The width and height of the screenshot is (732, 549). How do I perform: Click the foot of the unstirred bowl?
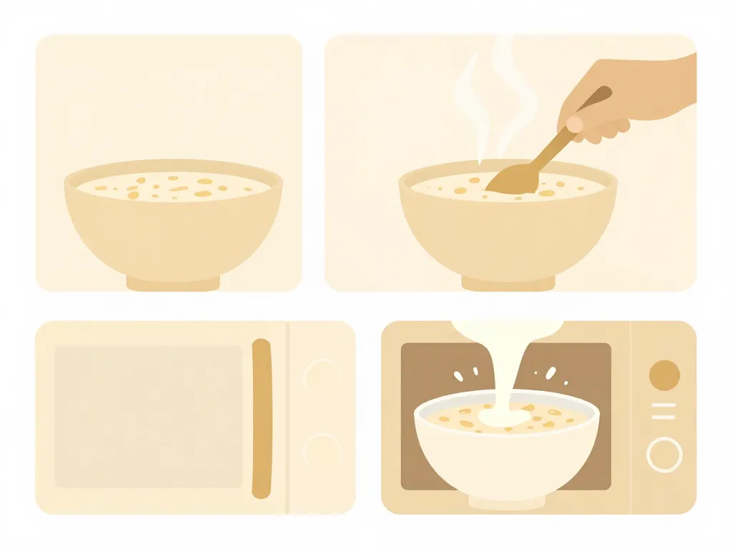coord(173,283)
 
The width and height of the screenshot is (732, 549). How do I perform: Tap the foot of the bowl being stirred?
coord(508,283)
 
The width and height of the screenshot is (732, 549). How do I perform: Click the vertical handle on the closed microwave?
coord(262,418)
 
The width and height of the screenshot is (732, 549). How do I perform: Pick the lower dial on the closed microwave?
coord(322,450)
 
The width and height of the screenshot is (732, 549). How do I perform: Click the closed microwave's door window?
coord(149,417)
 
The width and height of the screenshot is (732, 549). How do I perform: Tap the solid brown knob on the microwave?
coord(664,375)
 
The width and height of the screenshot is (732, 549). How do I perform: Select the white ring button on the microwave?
coord(664,455)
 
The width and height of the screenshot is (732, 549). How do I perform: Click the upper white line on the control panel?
coord(664,405)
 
